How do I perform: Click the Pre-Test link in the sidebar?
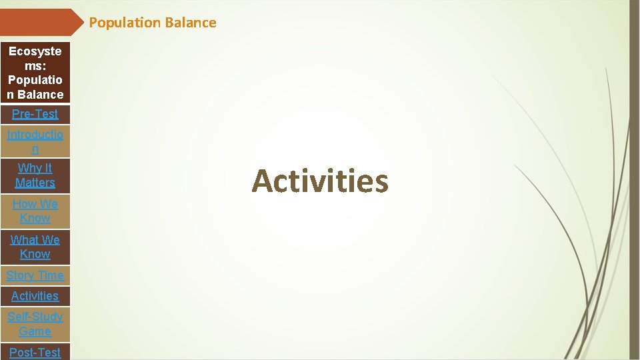pos(35,114)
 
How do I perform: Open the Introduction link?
pos(35,141)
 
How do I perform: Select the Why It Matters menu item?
pos(35,175)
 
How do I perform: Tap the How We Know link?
pos(35,211)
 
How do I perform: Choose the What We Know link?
pos(35,247)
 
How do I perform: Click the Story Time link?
pos(35,275)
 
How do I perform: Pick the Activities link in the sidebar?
pos(35,296)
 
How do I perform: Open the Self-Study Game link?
pos(35,324)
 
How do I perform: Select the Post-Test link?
pos(35,352)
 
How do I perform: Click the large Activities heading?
pos(320,181)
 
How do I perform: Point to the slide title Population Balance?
pos(153,23)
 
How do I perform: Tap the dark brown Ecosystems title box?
pos(35,73)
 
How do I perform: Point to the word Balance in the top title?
pos(191,23)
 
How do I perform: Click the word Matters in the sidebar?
pos(35,183)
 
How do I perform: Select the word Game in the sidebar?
pos(35,331)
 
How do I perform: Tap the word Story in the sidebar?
pos(20,275)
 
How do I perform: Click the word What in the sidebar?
pos(24,240)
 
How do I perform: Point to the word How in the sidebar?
pos(25,204)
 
